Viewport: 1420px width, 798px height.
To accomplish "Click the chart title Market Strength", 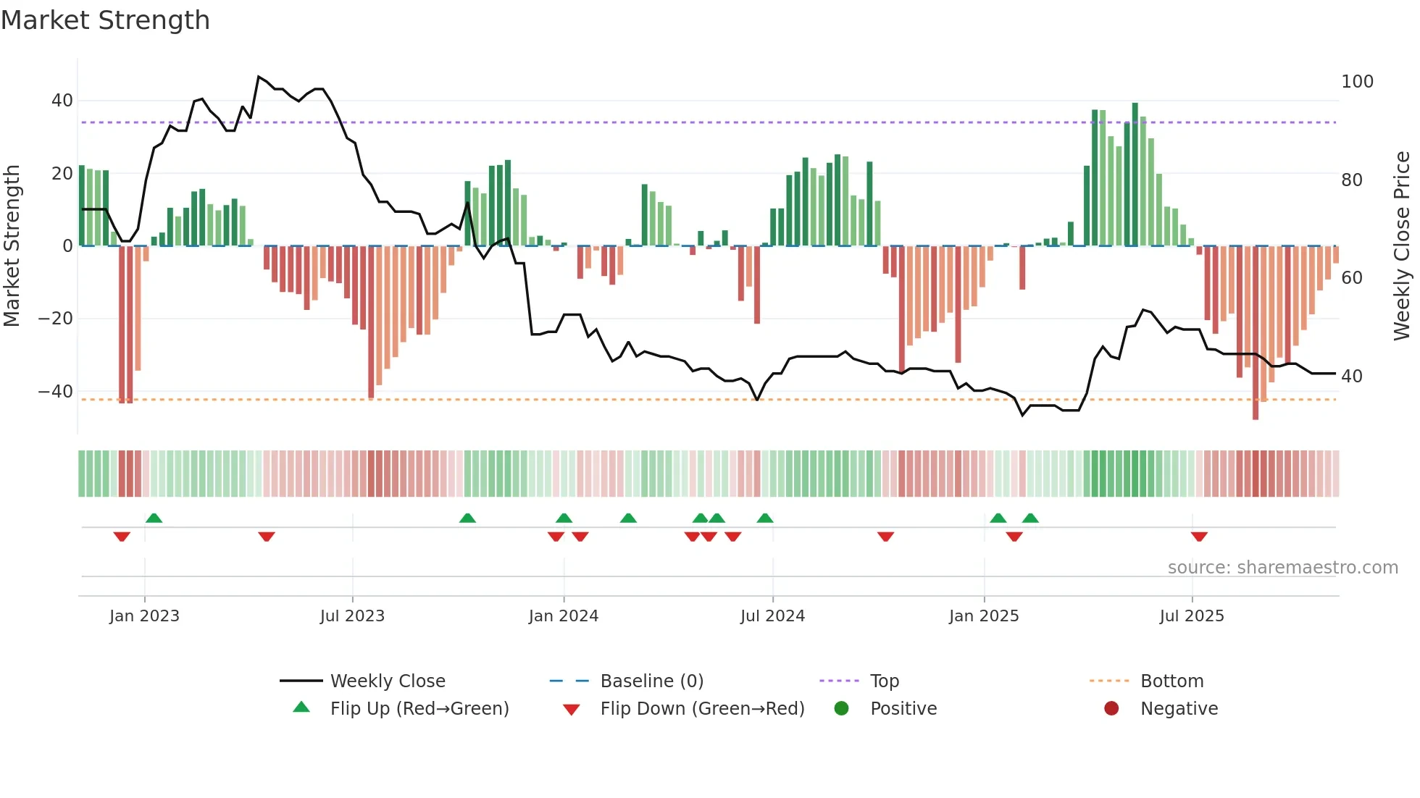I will point(105,20).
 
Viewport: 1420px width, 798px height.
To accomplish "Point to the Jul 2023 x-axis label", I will point(352,616).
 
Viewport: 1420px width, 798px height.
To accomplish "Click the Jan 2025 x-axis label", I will point(984,616).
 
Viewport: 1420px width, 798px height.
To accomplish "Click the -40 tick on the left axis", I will point(56,392).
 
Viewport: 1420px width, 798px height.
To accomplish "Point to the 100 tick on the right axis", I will point(1357,82).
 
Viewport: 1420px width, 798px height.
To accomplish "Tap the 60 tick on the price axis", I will point(1352,278).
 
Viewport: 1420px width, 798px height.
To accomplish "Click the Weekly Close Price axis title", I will point(1402,246).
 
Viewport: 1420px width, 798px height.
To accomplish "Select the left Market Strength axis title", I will point(12,246).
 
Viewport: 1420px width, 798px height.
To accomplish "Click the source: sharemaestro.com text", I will point(1282,568).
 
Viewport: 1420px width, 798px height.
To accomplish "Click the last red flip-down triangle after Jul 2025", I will point(1199,537).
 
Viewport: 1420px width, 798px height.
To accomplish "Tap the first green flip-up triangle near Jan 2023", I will point(154,518).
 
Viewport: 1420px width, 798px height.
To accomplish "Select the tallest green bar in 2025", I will point(1135,174).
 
